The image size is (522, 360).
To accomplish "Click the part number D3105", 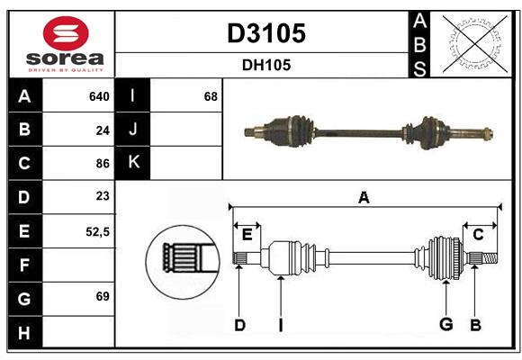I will (265, 33).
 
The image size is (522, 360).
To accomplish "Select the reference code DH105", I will (265, 65).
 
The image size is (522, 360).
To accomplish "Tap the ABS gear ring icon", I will (471, 43).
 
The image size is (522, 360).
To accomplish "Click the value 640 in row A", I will (99, 96).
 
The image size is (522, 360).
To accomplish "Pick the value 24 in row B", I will (103, 130).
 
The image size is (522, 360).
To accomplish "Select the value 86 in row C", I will (103, 164).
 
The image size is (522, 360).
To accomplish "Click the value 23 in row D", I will (103, 196).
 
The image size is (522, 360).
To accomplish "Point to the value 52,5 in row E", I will (97, 230).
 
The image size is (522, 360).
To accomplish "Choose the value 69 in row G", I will (103, 296).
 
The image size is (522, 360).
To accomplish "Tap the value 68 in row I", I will (211, 96).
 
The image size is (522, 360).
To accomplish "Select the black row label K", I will (133, 163).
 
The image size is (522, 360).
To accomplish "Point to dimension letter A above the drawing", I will (364, 197).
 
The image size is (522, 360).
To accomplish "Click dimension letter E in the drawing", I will (247, 234).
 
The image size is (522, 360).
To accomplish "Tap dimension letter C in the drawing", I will (479, 234).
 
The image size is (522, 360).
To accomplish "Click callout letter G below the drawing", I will (445, 325).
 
